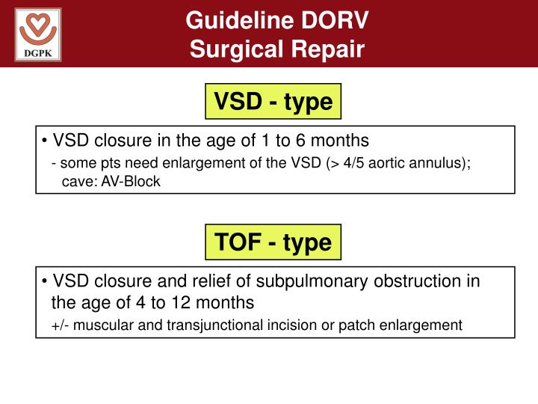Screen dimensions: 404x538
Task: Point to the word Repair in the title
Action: pyautogui.click(x=325, y=49)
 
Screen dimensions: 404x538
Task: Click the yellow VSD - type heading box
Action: pyautogui.click(x=273, y=101)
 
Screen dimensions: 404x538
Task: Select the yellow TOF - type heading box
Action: pyautogui.click(x=273, y=242)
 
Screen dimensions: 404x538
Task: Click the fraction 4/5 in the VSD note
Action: pyautogui.click(x=350, y=164)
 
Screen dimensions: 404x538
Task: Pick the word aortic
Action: pyautogui.click(x=381, y=164)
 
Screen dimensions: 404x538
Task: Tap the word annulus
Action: pyautogui.click(x=437, y=164)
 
